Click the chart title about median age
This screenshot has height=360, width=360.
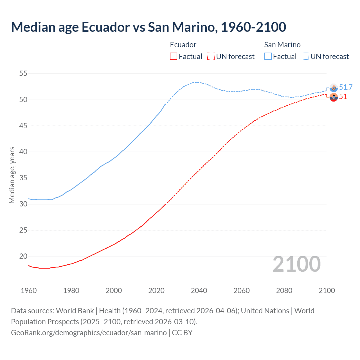pyautogui.click(x=148, y=27)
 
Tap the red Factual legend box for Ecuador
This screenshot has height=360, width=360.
pyautogui.click(x=174, y=56)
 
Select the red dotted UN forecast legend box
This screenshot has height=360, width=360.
pyautogui.click(x=211, y=56)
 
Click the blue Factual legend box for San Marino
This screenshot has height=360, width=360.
pyautogui.click(x=268, y=56)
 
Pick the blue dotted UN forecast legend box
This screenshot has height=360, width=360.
pyautogui.click(x=305, y=56)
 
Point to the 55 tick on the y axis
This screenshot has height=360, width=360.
pyautogui.click(x=23, y=74)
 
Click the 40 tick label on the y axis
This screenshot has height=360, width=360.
pyautogui.click(x=23, y=152)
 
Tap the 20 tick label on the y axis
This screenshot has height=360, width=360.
pyautogui.click(x=23, y=256)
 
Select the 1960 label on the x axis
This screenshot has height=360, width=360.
pyautogui.click(x=29, y=291)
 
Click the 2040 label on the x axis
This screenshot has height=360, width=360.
pyautogui.click(x=199, y=291)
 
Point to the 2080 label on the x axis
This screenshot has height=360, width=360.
pyautogui.click(x=284, y=291)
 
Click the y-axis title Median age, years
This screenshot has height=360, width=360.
pyautogui.click(x=12, y=175)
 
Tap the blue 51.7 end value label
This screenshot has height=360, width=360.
pyautogui.click(x=346, y=87)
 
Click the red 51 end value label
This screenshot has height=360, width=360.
pyautogui.click(x=343, y=97)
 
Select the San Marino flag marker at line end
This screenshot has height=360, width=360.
pyautogui.click(x=334, y=88)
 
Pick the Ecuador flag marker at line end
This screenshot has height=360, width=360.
pyautogui.click(x=334, y=97)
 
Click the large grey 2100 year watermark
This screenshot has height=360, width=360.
pyautogui.click(x=296, y=264)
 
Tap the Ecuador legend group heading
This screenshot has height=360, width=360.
pyautogui.click(x=183, y=45)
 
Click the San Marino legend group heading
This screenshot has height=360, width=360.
pyautogui.click(x=282, y=45)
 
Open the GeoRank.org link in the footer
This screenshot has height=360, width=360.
pyautogui.click(x=89, y=332)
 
